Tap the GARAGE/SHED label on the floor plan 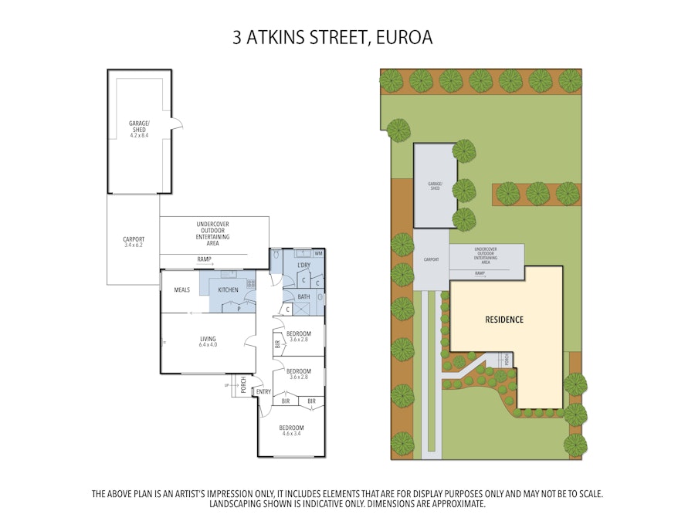coord(140,125)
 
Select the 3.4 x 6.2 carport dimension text coord(134,245)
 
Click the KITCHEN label coord(228,289)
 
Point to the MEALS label coord(182,289)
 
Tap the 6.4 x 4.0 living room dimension coord(208,345)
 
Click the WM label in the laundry coord(318,253)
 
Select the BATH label coord(303,296)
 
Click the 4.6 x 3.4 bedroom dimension coord(291,434)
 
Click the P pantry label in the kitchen coord(239,307)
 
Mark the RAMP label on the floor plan coord(205,259)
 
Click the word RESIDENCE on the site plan coord(504,320)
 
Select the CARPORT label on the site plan coord(430,260)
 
